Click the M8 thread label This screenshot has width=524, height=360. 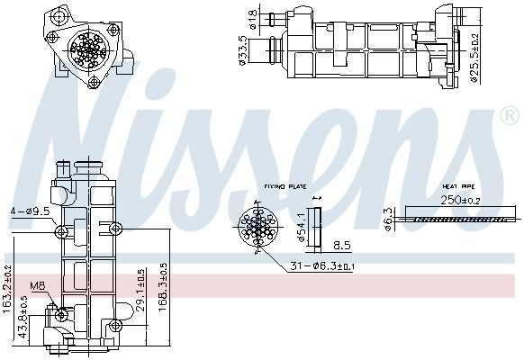[37, 287]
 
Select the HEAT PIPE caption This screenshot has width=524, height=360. [456, 186]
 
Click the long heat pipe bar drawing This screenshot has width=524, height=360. [461, 217]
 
